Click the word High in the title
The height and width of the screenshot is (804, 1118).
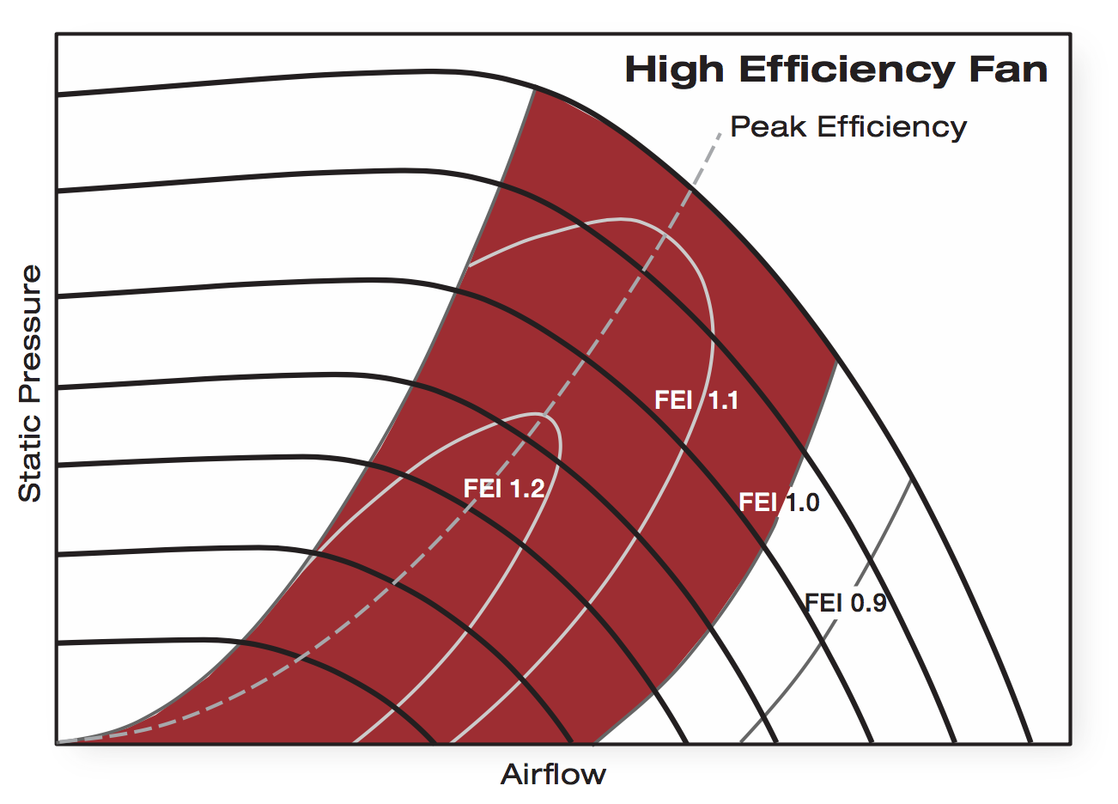(x=675, y=70)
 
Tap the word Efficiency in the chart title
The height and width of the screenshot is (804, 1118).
(x=845, y=70)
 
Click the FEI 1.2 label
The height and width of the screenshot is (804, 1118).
(x=504, y=489)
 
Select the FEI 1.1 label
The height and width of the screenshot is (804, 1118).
(x=696, y=400)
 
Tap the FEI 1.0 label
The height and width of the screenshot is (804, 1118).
(x=779, y=502)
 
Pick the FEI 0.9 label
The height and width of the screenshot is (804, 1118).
(x=845, y=603)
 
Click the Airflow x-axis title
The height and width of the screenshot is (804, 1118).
(x=553, y=775)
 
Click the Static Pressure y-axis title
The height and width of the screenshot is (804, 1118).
(x=30, y=383)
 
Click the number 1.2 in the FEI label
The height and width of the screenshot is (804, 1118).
(x=527, y=489)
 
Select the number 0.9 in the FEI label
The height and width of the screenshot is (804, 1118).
(x=868, y=603)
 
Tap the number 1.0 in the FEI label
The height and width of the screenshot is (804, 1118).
(x=802, y=502)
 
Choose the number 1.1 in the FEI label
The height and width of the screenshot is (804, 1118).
(x=721, y=400)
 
